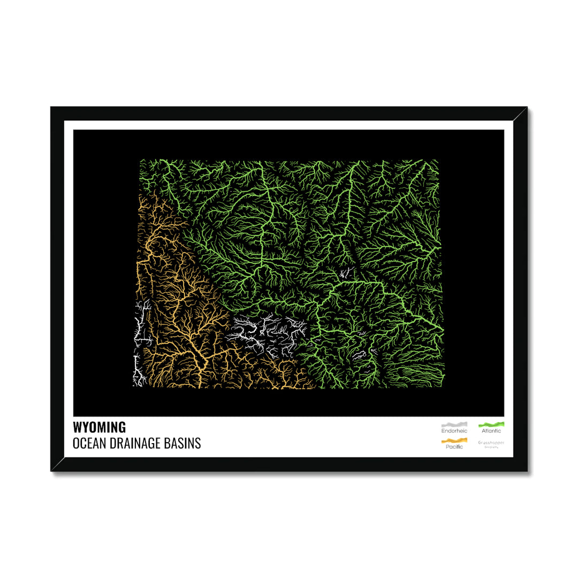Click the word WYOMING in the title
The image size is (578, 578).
click(100, 427)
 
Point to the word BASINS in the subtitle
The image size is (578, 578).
click(186, 444)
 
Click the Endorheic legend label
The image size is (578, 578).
click(454, 431)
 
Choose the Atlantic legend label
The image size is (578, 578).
click(491, 431)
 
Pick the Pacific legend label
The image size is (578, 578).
click(454, 447)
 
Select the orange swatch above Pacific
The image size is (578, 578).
click(454, 440)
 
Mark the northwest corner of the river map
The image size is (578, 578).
click(141, 161)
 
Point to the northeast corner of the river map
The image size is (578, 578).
click(437, 161)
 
